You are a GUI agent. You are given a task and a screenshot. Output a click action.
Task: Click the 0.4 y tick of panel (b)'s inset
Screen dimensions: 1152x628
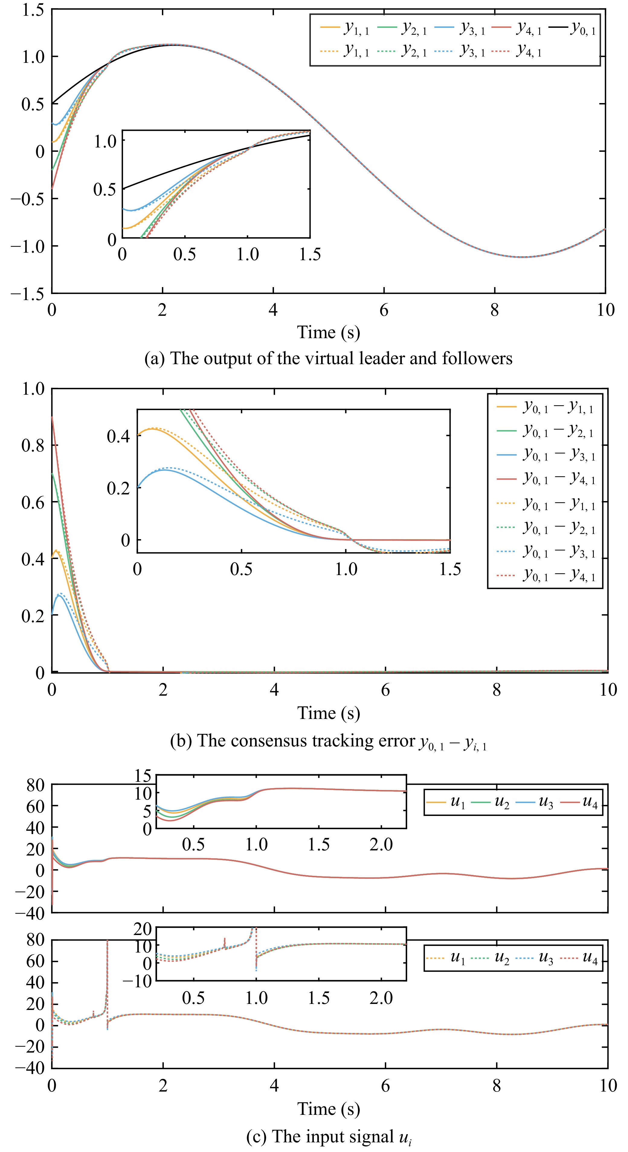(118, 435)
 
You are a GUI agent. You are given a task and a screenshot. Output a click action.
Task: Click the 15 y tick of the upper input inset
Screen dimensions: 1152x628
(143, 776)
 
